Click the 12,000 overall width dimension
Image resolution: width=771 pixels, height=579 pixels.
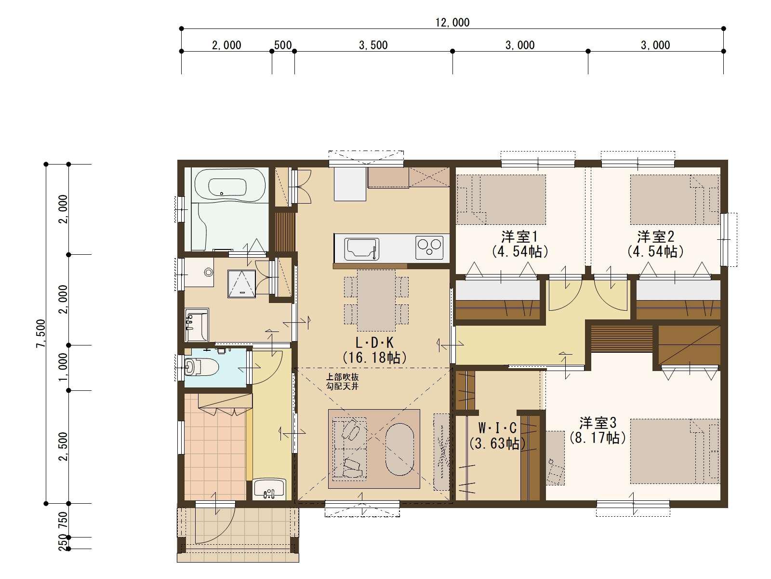(452, 23)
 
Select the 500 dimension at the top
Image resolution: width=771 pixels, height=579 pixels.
(283, 45)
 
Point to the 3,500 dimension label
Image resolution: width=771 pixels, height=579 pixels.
(373, 45)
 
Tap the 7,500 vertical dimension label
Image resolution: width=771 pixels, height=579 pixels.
(41, 333)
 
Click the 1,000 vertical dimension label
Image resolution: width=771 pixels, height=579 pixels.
(63, 367)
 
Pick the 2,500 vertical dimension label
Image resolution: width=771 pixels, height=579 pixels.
(63, 446)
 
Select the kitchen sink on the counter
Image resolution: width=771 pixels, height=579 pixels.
(361, 249)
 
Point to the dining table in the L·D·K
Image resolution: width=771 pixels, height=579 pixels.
(376, 300)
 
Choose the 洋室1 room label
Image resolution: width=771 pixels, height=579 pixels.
(519, 236)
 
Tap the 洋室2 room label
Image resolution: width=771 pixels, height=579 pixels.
(655, 236)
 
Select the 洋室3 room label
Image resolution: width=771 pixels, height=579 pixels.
(598, 423)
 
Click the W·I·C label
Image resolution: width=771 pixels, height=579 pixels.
(497, 428)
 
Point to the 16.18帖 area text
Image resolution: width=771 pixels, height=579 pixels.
(375, 358)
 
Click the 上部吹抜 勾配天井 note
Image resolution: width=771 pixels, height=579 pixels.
(342, 382)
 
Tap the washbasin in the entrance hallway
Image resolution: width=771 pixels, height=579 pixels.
(269, 489)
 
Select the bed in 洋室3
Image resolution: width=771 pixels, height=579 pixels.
(675, 451)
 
